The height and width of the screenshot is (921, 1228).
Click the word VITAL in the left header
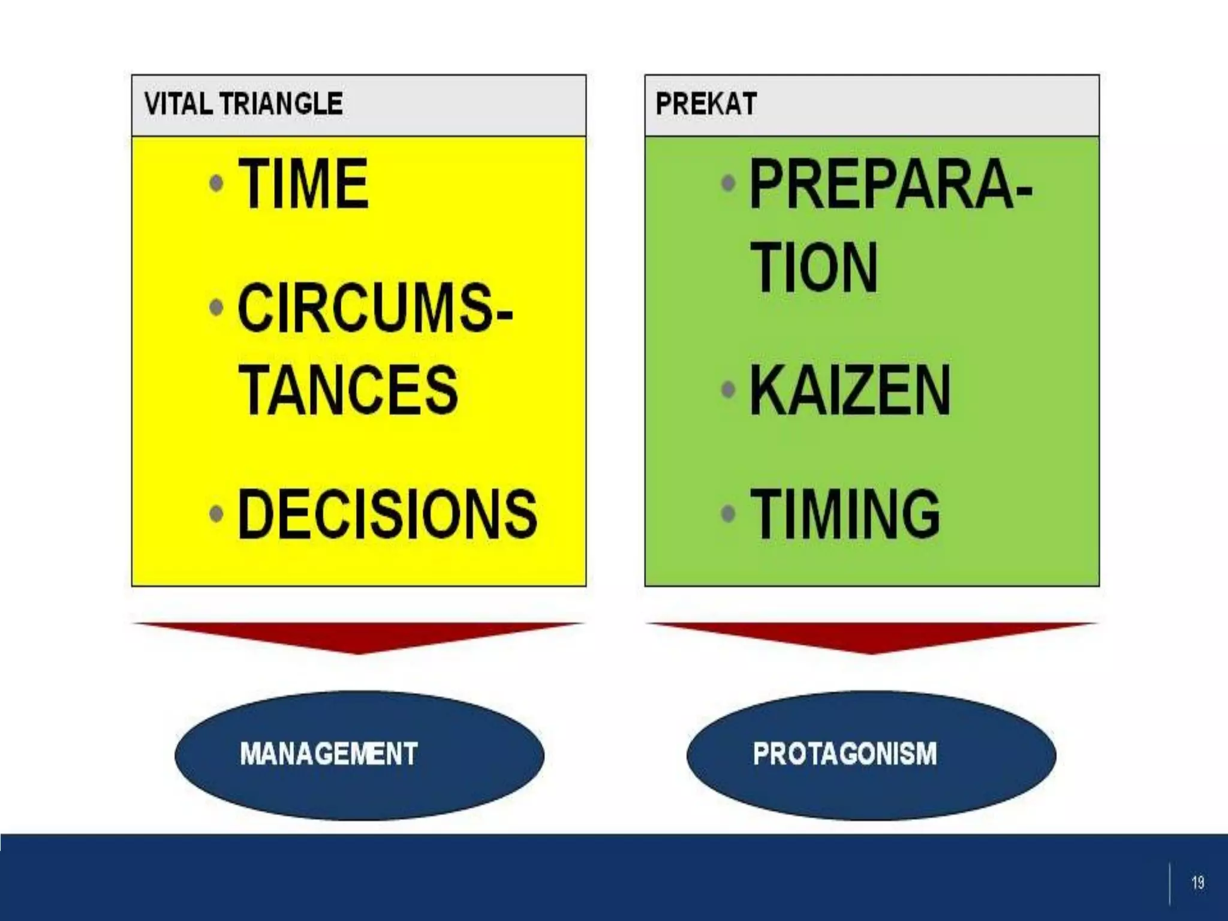(x=177, y=104)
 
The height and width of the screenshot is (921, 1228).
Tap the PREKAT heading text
(x=706, y=104)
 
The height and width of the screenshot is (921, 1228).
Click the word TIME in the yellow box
(x=303, y=183)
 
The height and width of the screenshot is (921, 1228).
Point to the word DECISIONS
(x=387, y=514)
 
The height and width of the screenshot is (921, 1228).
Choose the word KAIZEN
(x=850, y=390)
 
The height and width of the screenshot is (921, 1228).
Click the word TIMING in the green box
(x=845, y=514)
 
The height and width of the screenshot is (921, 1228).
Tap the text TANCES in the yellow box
(x=348, y=390)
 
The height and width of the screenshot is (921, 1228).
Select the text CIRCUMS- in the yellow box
(x=375, y=309)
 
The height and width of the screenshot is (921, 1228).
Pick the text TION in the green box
(x=814, y=267)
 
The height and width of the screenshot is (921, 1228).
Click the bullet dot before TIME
(x=217, y=183)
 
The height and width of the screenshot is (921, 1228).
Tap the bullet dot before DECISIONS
(x=217, y=513)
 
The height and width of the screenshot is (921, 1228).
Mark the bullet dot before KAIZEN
(x=729, y=390)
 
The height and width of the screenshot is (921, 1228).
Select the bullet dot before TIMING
(x=729, y=513)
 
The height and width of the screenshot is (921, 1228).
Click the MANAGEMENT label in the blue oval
(x=329, y=754)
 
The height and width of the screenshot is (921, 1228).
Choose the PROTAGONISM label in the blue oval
(x=844, y=754)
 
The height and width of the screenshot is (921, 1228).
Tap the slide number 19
(x=1197, y=883)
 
